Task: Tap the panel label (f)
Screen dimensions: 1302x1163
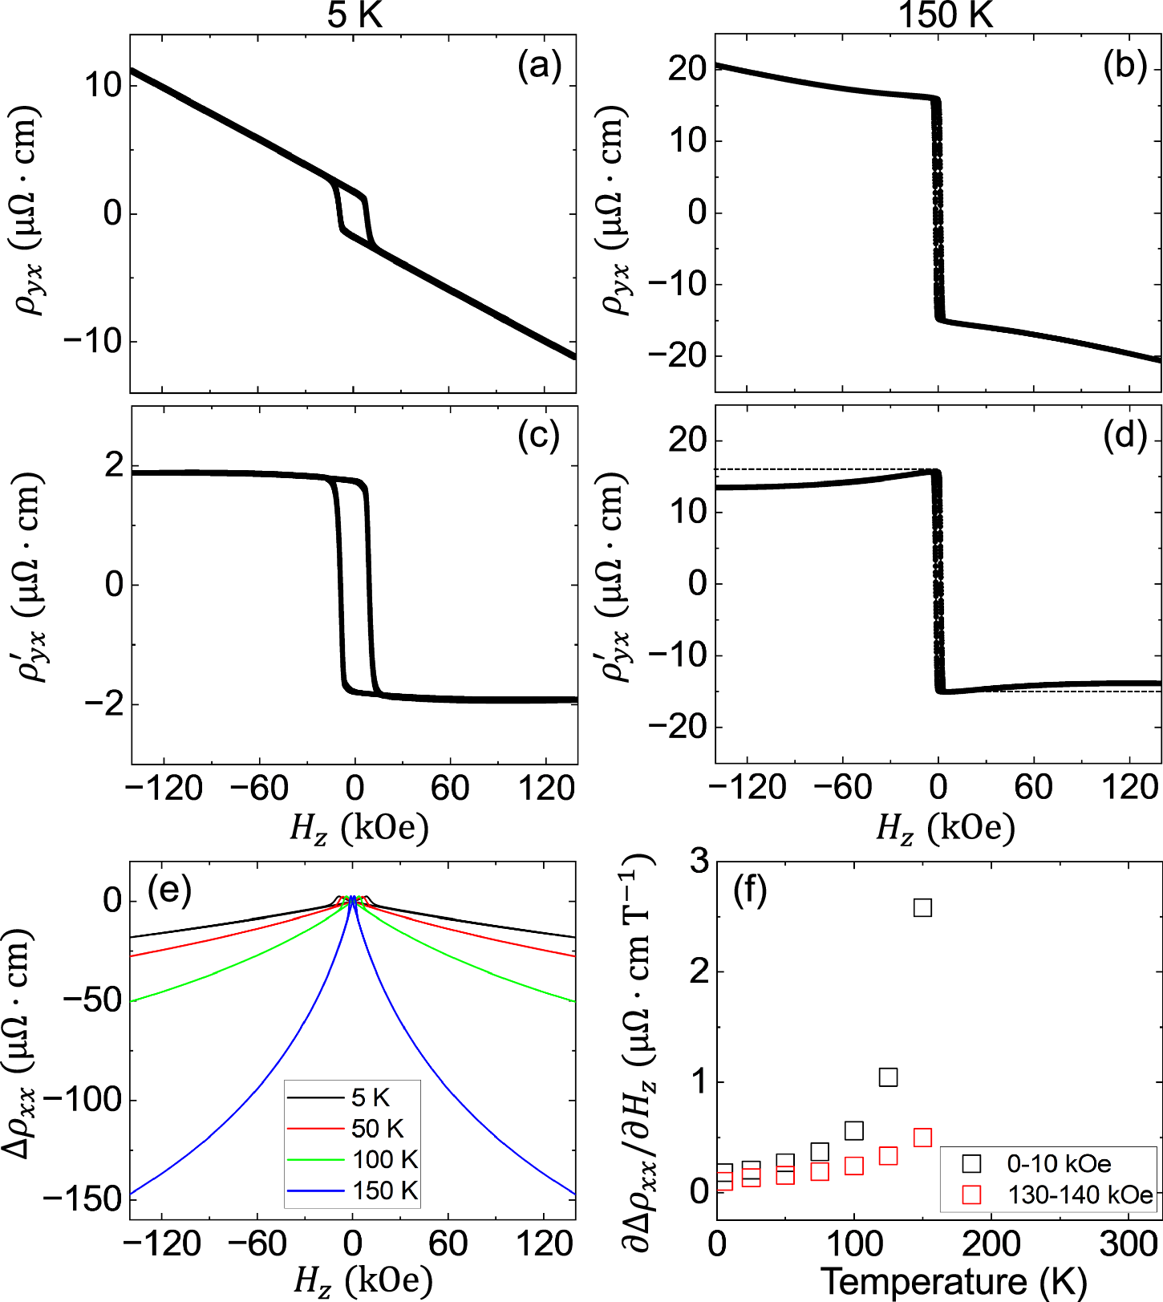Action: coord(750,891)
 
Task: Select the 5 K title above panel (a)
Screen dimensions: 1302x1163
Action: coord(355,16)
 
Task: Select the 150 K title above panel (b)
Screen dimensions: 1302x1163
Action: coord(946,16)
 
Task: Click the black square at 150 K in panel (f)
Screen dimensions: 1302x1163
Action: coord(922,907)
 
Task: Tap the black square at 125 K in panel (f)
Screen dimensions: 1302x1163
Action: coord(888,1077)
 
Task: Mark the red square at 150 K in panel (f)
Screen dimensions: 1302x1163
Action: coord(922,1138)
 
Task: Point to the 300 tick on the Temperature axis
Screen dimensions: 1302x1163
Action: coord(1129,1244)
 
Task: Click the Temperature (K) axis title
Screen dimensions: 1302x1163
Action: coord(954,1281)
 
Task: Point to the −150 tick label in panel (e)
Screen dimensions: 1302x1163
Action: coord(82,1199)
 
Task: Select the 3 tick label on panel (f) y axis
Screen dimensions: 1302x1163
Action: coord(699,862)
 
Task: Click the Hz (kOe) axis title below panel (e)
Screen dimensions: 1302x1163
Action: coord(362,1280)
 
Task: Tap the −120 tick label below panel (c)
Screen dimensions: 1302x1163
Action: coord(164,789)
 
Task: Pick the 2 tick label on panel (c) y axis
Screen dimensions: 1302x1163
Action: coord(114,465)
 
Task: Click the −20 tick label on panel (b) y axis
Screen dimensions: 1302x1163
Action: coord(678,355)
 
